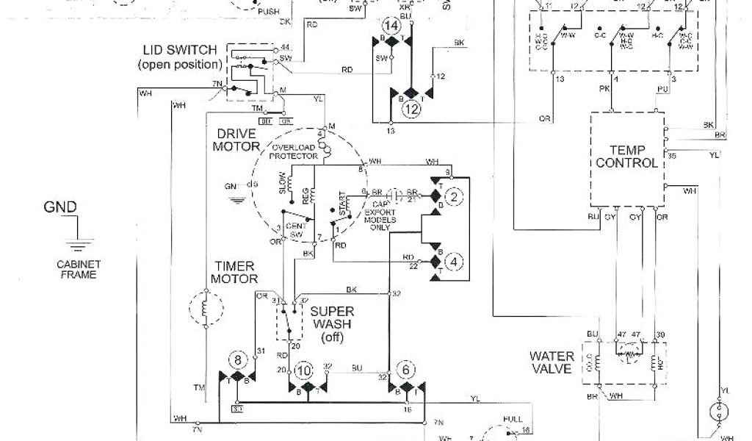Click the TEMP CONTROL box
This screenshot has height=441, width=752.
pos(627,157)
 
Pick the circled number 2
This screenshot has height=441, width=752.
pos(455,196)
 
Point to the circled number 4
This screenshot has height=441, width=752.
pos(455,261)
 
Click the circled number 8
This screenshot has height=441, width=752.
pos(238,361)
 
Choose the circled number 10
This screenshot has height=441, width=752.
pos(303,371)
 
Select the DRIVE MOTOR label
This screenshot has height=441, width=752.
pos(236,140)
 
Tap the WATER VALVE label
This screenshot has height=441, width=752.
pos(551,362)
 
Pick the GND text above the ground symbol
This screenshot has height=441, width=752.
pos(59,207)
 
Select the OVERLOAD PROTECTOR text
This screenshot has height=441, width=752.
pos(293,151)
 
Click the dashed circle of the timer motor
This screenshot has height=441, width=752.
pos(206,309)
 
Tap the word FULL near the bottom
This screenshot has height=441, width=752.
pos(513,420)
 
